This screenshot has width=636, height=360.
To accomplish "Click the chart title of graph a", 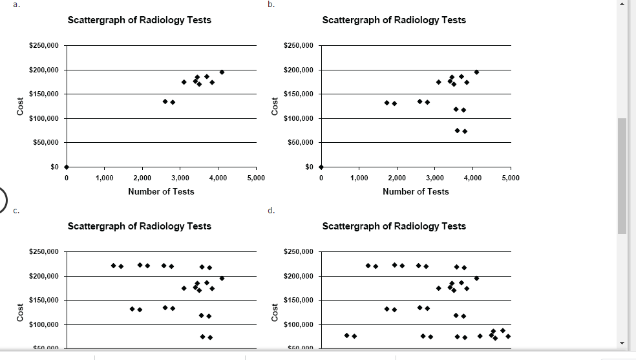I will point(139,20).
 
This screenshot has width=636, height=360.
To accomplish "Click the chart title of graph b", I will point(394,20).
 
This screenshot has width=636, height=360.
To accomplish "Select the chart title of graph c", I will point(139,226).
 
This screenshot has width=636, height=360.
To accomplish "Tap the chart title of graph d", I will point(394,226).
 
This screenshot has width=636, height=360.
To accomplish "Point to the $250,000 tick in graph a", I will point(44,46).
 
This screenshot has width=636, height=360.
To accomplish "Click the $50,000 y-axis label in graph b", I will point(299,143).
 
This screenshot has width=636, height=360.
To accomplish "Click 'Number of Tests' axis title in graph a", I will point(161,191).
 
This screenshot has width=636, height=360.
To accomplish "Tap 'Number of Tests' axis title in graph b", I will point(416,191).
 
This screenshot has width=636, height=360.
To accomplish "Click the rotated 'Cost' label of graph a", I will point(21,107).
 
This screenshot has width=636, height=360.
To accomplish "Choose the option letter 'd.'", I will point(271,210).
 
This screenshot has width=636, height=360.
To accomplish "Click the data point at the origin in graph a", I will point(66,167).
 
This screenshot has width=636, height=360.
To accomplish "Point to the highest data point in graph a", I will point(222,72).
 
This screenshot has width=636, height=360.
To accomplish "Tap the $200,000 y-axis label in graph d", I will point(299,277).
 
